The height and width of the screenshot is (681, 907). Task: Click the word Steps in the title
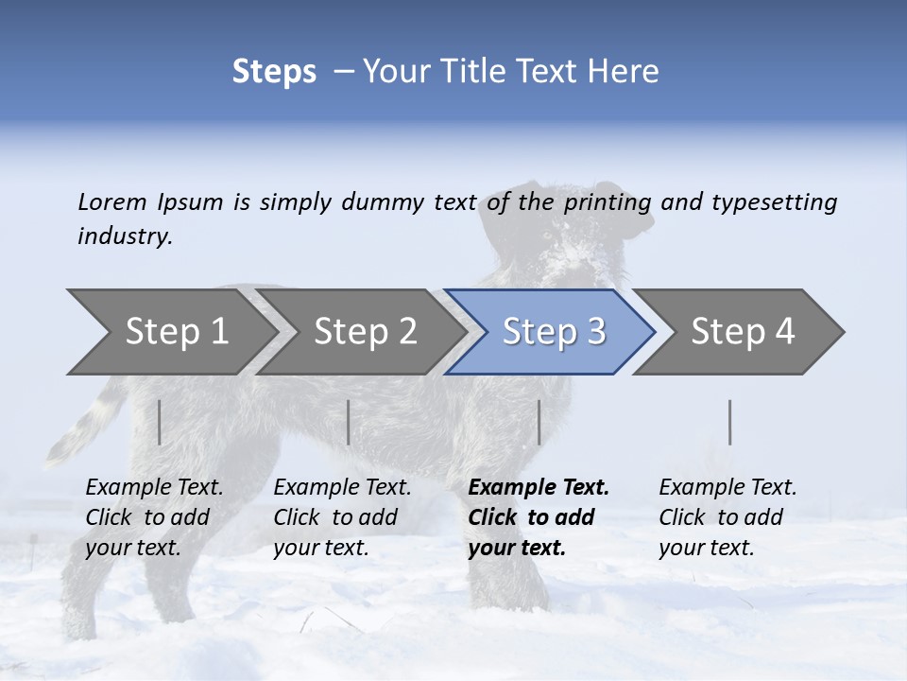[x=274, y=72]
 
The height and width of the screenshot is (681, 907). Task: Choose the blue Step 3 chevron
[x=553, y=331]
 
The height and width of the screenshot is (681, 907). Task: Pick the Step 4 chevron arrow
[x=743, y=331]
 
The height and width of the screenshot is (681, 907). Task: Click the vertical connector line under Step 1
[x=159, y=422]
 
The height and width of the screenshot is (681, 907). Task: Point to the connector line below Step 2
[x=349, y=422]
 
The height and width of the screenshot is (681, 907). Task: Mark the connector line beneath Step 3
[x=539, y=422]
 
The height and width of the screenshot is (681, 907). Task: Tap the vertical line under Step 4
[x=729, y=422]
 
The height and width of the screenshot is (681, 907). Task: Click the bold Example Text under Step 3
[x=539, y=517]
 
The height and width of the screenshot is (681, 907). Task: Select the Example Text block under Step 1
[x=154, y=517]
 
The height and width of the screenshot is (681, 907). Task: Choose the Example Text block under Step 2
[x=342, y=517]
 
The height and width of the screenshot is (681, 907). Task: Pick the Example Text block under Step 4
[x=727, y=517]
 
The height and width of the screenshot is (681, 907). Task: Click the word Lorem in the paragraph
[x=112, y=202]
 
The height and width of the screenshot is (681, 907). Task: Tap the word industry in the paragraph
[x=125, y=236]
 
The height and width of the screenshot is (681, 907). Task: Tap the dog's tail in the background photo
[x=90, y=421]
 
